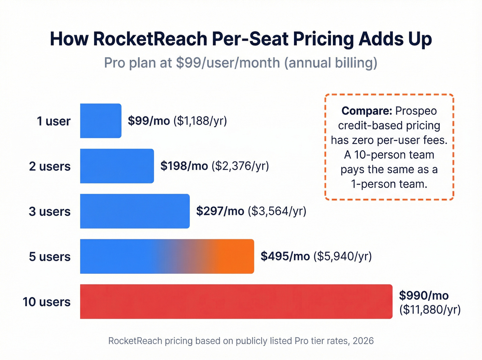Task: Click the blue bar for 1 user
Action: (101, 121)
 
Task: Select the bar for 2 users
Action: (117, 166)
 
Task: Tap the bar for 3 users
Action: (135, 211)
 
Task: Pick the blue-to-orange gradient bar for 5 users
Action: (167, 256)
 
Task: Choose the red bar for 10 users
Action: (236, 301)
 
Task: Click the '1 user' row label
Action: (54, 121)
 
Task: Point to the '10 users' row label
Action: (46, 302)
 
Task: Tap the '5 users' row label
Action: (50, 257)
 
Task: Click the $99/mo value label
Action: (149, 121)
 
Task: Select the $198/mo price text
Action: (184, 166)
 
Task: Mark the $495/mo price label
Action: (285, 256)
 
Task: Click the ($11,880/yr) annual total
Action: (430, 309)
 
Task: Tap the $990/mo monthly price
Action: (424, 295)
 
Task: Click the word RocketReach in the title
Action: (150, 39)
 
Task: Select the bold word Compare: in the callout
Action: (367, 111)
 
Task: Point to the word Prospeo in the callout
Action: (416, 111)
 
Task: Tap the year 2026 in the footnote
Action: (363, 341)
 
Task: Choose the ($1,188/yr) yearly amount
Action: (200, 121)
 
